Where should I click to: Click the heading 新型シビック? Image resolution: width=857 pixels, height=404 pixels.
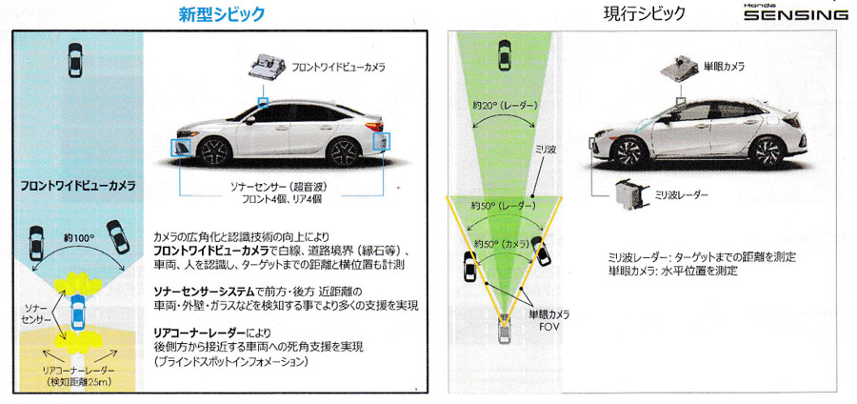[x=221, y=14]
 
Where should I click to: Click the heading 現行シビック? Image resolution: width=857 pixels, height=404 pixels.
[x=644, y=13]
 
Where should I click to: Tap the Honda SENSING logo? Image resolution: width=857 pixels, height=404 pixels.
[x=796, y=13]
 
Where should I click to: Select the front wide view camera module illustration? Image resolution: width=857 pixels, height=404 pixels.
[x=268, y=67]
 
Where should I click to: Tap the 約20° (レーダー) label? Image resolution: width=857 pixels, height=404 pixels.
[x=505, y=105]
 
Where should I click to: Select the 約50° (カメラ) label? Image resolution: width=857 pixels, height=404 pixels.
[x=502, y=243]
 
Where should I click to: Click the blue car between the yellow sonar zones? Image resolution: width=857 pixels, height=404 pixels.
[x=78, y=312]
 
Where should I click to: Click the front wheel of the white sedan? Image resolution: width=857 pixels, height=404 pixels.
[x=213, y=151]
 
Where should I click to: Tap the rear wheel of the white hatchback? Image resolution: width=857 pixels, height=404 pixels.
[x=767, y=152]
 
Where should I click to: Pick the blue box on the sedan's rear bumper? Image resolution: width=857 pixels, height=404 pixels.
[x=381, y=141]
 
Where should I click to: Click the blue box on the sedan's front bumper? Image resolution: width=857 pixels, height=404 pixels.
[x=180, y=148]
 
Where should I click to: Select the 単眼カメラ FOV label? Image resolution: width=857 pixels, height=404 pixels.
[x=548, y=321]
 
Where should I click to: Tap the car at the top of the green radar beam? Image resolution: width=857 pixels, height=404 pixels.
[x=505, y=54]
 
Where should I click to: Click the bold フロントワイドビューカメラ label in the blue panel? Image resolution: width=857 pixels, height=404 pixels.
[x=78, y=186]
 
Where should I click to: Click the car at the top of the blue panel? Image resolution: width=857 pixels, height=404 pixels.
[x=75, y=60]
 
